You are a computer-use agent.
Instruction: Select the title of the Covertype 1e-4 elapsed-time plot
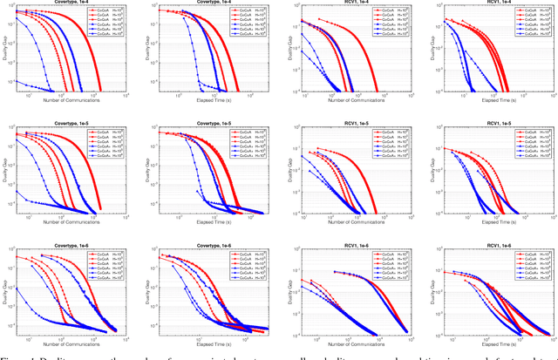tap(207, 3)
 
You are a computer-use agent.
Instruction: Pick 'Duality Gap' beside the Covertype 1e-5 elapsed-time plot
tap(143, 171)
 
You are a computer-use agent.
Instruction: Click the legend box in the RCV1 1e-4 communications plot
tap(389, 22)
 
